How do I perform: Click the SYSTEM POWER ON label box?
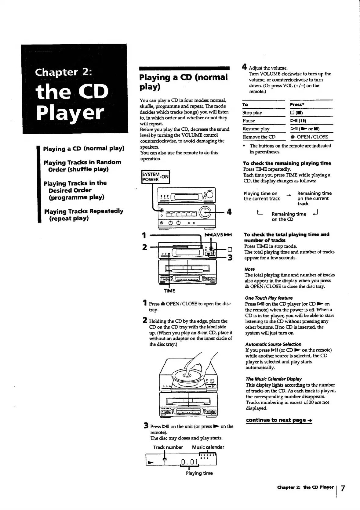tap(155, 177)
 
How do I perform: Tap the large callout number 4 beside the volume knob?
tap(229, 212)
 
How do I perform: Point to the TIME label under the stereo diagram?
tap(169, 291)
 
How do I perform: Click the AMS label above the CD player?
tap(218, 235)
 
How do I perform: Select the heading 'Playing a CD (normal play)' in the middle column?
tap(183, 82)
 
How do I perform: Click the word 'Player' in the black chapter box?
tap(70, 113)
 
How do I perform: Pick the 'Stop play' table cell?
tap(252, 113)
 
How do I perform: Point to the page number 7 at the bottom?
tap(343, 488)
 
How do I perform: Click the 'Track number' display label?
tap(168, 447)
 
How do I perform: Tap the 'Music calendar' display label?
tap(208, 447)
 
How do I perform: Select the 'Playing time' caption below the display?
tap(199, 473)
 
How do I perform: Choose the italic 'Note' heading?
tap(249, 269)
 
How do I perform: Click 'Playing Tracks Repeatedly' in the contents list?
tap(83, 211)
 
